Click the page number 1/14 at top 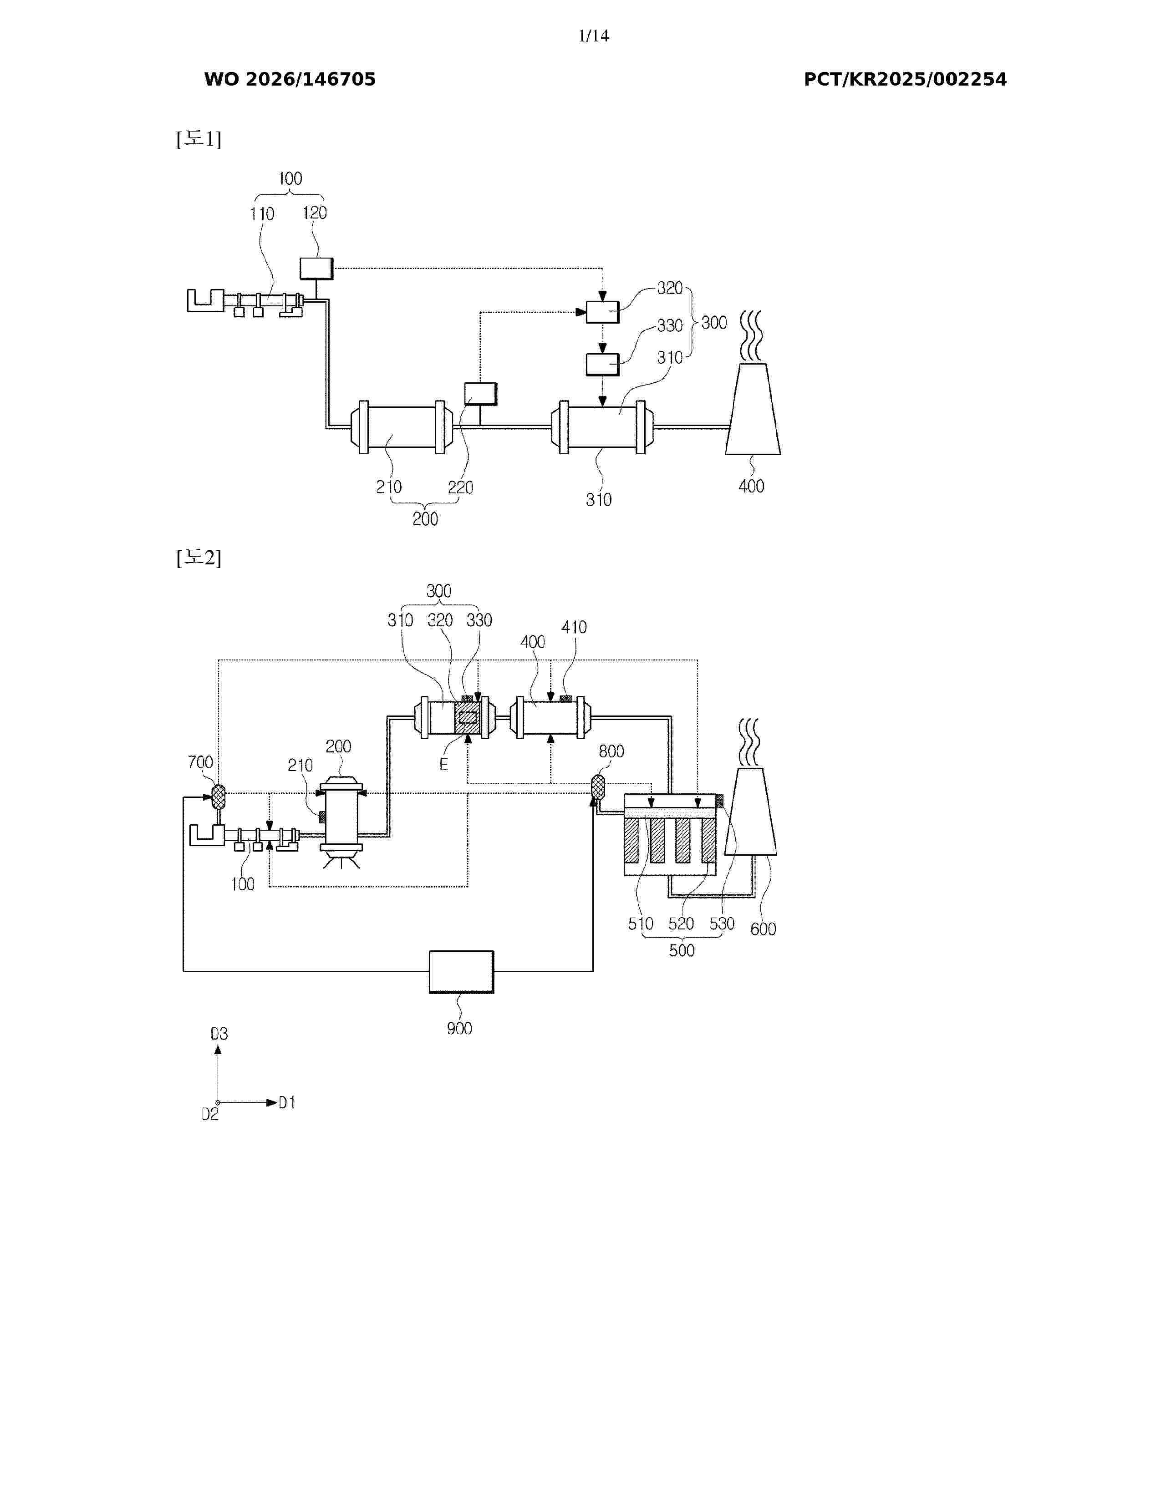[x=594, y=36]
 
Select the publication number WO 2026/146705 [x=290, y=79]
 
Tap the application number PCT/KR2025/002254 [x=905, y=79]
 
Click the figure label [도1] [x=199, y=139]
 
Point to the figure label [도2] [x=199, y=557]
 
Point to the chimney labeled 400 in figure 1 [x=753, y=409]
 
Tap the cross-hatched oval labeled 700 [x=218, y=797]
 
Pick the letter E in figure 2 [x=443, y=765]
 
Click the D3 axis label [x=219, y=1034]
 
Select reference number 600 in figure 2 [x=763, y=929]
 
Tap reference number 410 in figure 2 [x=574, y=627]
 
